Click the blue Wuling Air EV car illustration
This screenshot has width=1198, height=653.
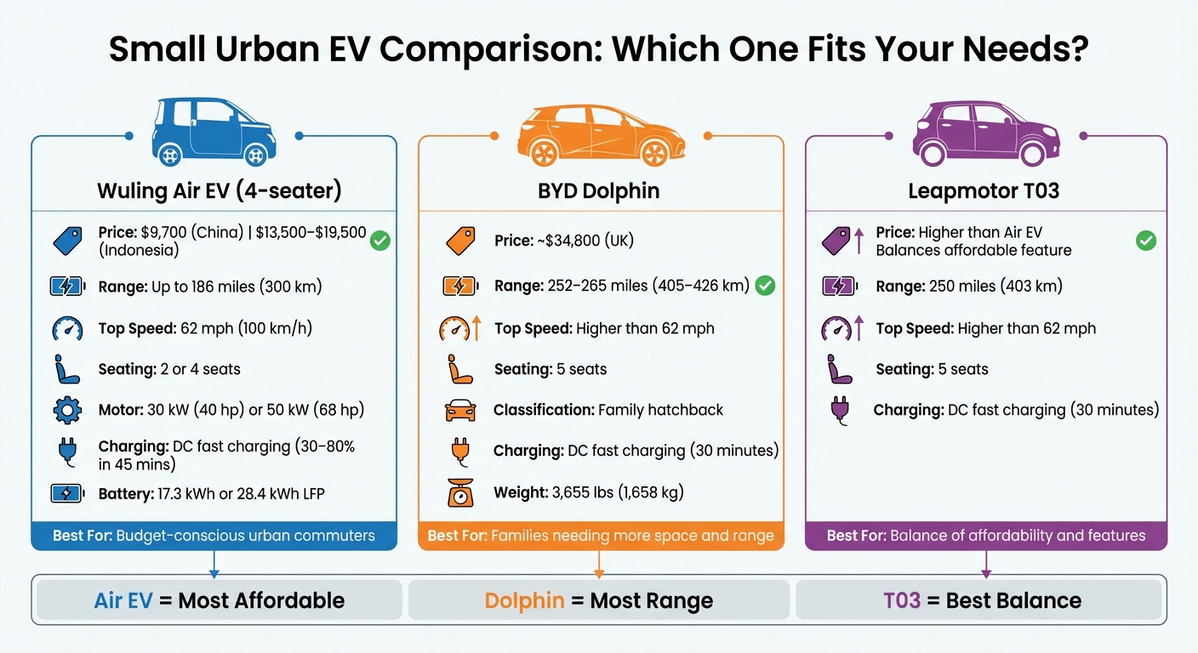(x=213, y=132)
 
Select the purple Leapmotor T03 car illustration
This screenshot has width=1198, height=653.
(x=985, y=134)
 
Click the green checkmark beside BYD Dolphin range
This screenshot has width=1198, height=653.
(x=765, y=286)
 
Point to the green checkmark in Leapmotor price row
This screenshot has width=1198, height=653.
(x=1146, y=241)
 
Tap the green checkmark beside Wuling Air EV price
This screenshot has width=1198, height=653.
(x=379, y=241)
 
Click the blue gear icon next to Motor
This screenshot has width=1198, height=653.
(x=66, y=411)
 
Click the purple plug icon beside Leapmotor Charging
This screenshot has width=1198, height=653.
(x=838, y=410)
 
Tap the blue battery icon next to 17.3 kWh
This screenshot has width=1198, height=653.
(x=66, y=493)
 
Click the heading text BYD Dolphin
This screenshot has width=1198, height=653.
(x=599, y=190)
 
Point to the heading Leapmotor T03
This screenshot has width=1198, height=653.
(x=984, y=190)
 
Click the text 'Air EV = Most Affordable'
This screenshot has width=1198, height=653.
(x=219, y=600)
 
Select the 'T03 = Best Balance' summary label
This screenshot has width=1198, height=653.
(x=982, y=600)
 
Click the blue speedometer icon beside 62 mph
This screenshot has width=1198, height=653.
(x=66, y=328)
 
